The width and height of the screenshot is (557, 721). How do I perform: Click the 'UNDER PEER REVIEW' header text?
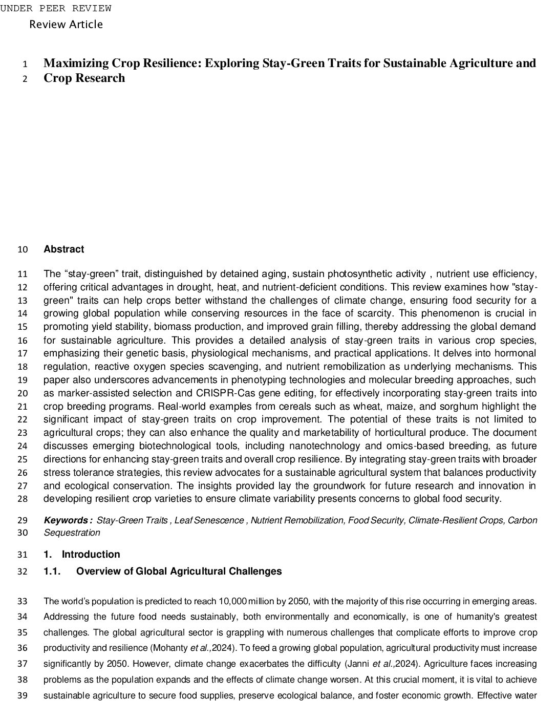(55, 9)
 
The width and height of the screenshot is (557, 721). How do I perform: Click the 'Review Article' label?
(66, 25)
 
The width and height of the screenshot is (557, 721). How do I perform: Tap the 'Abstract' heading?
(64, 249)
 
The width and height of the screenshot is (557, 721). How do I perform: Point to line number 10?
(23, 250)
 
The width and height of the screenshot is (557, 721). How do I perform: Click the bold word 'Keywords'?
(66, 520)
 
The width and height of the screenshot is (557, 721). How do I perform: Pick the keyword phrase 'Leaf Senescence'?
(209, 520)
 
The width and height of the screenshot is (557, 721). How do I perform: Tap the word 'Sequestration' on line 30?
(72, 533)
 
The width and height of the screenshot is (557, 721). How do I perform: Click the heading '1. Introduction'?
(82, 555)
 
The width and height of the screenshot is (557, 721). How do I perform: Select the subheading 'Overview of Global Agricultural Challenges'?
(179, 571)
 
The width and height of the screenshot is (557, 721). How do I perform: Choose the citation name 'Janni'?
(357, 664)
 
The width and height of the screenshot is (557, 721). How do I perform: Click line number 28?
(23, 499)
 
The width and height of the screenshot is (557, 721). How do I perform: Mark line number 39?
(23, 696)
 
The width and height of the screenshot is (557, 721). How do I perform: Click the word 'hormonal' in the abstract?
(517, 353)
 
